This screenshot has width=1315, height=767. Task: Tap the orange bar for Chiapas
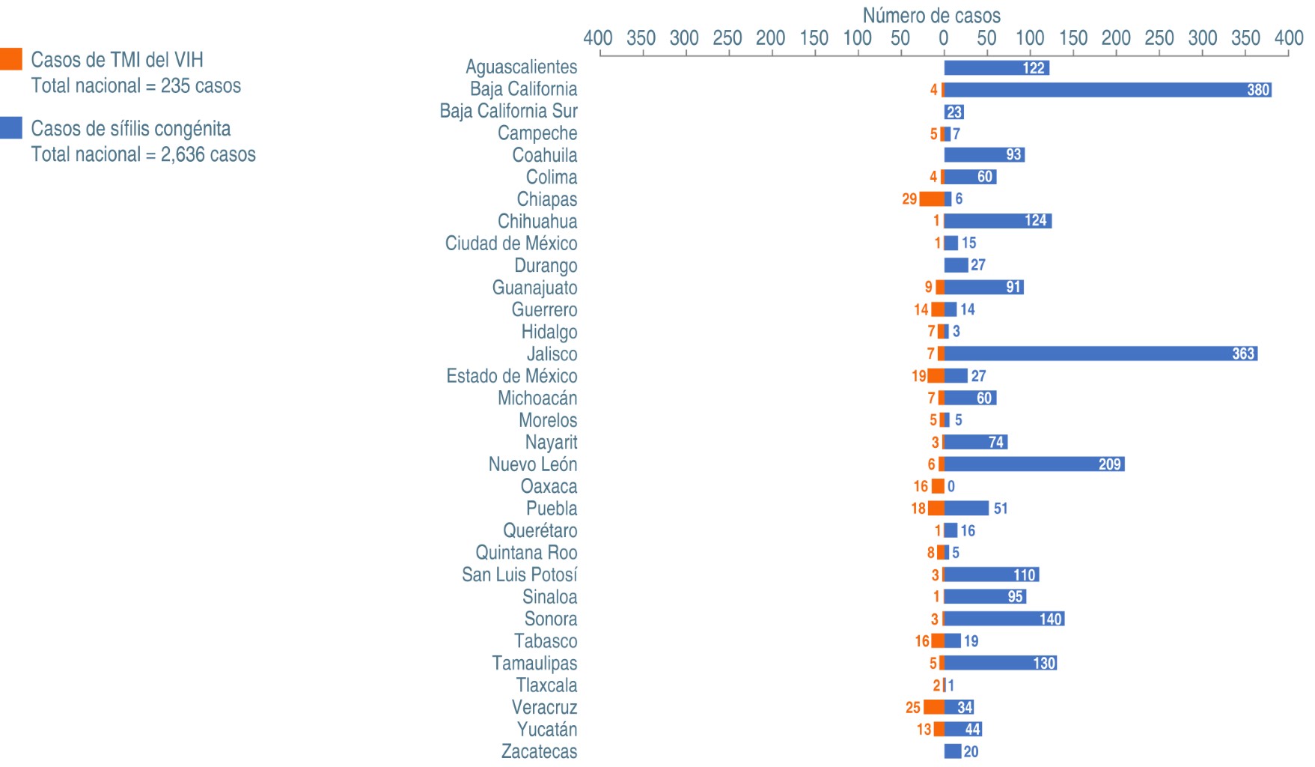pos(932,199)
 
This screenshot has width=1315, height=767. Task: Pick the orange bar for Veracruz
pos(934,707)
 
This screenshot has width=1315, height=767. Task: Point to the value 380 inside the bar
pos(1258,90)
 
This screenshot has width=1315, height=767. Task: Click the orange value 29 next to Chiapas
pos(909,199)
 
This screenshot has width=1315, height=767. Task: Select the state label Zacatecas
pos(539,751)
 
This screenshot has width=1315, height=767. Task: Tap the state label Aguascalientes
pos(521,67)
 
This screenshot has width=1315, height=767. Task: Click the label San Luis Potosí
pos(519,575)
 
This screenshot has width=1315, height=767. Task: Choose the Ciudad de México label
pos(511,243)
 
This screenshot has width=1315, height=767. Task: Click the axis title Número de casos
pos(931,15)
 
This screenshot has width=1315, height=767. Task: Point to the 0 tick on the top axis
pos(944,38)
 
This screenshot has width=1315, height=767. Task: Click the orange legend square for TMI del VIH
pos(11,59)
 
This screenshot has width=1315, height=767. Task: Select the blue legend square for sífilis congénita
pos(11,127)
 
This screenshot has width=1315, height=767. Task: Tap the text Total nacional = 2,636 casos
pos(143,154)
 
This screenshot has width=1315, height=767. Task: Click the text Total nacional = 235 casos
pos(135,86)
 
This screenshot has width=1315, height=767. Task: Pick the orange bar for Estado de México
pos(936,376)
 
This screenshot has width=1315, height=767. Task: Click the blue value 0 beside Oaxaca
pos(951,486)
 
